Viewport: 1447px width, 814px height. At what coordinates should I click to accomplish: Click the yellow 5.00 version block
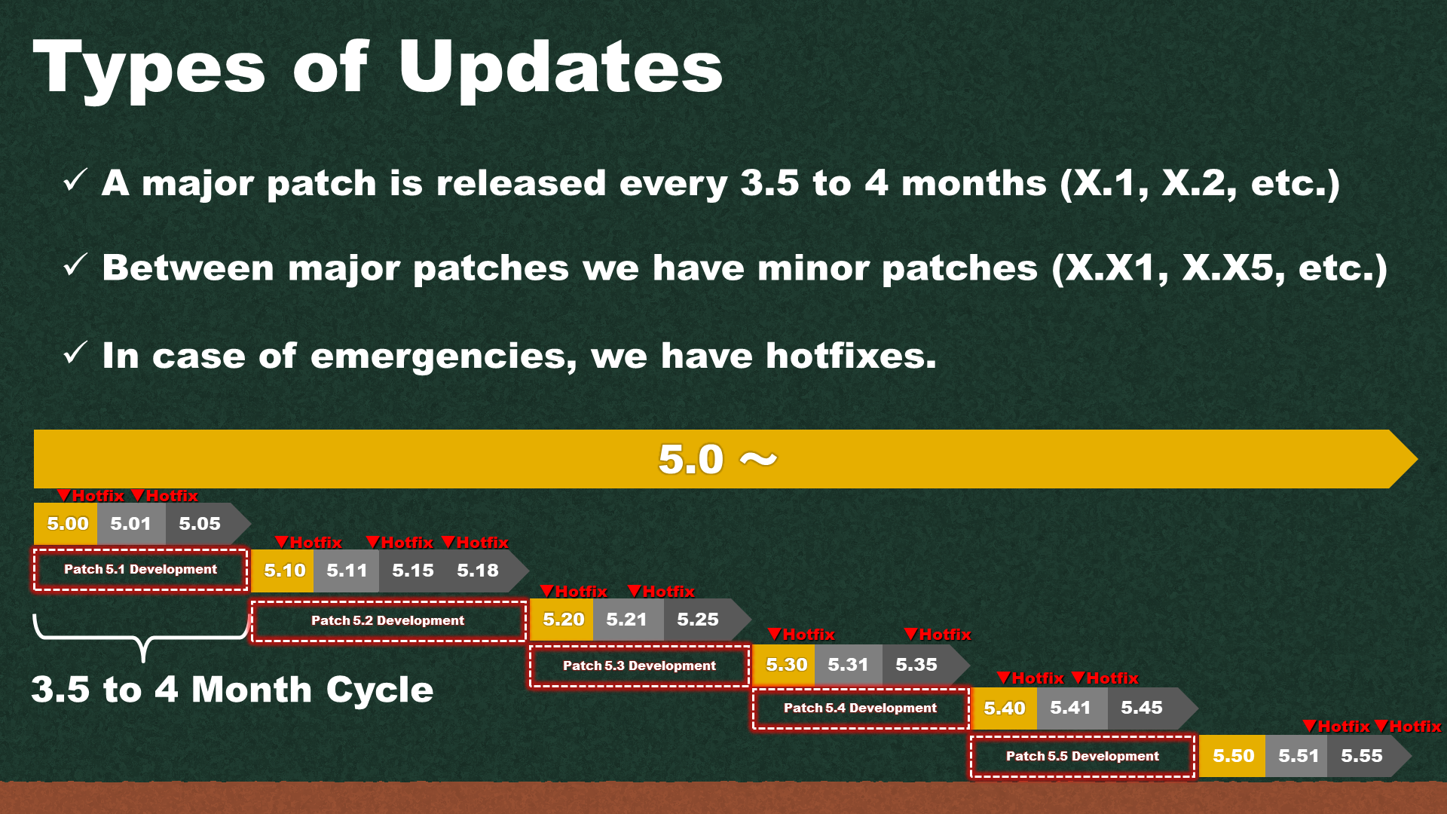pyautogui.click(x=66, y=524)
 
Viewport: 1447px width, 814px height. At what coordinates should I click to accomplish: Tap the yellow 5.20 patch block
pyautogui.click(x=561, y=620)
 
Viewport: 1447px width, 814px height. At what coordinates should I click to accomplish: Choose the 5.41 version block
pyautogui.click(x=1072, y=708)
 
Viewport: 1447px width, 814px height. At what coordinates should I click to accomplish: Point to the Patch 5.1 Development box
pyautogui.click(x=141, y=570)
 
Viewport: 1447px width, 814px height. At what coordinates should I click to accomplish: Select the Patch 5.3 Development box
pyautogui.click(x=640, y=666)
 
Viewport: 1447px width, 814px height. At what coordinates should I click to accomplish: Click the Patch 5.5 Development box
pyautogui.click(x=1083, y=757)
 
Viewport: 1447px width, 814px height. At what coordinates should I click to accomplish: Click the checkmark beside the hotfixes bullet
pyautogui.click(x=75, y=353)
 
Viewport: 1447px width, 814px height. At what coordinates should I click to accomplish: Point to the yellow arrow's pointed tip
pyautogui.click(x=1418, y=459)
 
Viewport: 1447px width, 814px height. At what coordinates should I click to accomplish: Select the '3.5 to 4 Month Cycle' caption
pyautogui.click(x=232, y=690)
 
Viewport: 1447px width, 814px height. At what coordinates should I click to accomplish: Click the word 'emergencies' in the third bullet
pyautogui.click(x=443, y=356)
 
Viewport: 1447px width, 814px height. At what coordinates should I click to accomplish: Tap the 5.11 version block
pyautogui.click(x=347, y=571)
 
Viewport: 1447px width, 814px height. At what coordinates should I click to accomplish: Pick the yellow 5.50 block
pyautogui.click(x=1232, y=756)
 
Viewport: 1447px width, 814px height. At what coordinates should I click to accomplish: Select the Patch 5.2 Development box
pyautogui.click(x=388, y=621)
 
